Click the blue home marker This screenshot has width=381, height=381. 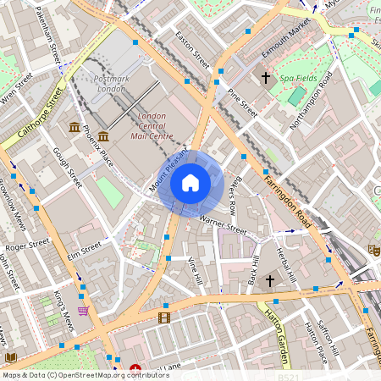click(x=190, y=183)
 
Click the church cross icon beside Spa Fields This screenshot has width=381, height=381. click(x=265, y=78)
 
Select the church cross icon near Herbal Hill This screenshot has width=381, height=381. click(x=270, y=280)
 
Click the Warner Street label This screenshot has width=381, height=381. click(x=223, y=225)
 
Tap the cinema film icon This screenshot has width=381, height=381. click(x=163, y=317)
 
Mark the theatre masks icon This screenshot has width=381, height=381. click(x=372, y=250)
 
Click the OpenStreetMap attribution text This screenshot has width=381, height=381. click(x=85, y=374)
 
